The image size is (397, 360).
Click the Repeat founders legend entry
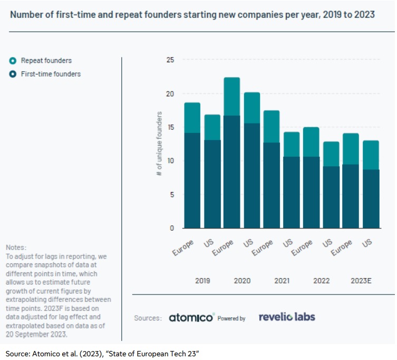(46, 61)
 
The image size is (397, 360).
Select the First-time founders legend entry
(51, 74)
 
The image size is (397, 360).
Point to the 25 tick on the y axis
(170, 60)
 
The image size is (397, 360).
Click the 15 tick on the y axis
(170, 127)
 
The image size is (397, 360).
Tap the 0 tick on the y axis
(171, 228)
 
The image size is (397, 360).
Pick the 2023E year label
(361, 281)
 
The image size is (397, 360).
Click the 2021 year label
(282, 281)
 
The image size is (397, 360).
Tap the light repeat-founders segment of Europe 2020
(231, 97)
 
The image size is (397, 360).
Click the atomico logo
(192, 318)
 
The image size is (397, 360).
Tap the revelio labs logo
(287, 317)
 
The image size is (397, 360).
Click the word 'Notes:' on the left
(16, 248)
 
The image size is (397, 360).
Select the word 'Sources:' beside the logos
(147, 318)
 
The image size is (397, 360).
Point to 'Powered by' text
(231, 319)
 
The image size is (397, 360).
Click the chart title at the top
(192, 15)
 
